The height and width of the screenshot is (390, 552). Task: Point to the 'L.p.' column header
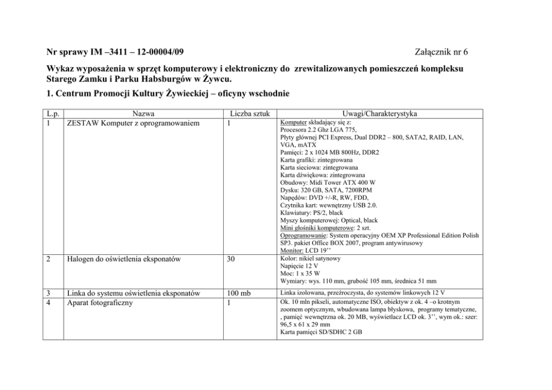pyautogui.click(x=53, y=114)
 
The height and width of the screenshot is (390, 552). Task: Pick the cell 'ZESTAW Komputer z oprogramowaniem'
pyautogui.click(x=132, y=123)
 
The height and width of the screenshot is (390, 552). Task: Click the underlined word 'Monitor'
pyautogui.click(x=293, y=250)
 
